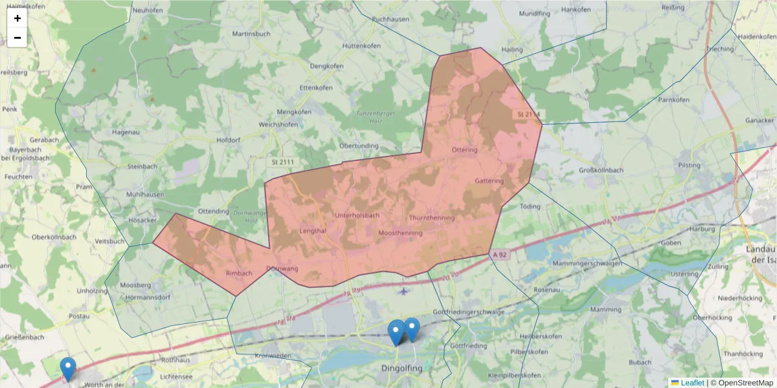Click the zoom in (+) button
coord(17,18)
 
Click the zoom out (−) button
coord(17,38)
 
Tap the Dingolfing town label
coord(401,369)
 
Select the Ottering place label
coord(464,150)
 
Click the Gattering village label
coord(489,181)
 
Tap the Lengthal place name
coord(313,231)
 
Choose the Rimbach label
coord(239,274)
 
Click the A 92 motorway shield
coord(499,255)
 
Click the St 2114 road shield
coord(528,114)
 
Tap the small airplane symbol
coord(405,290)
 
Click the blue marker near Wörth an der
coord(67,369)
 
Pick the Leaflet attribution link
coord(692,383)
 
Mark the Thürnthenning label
coord(431,218)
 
